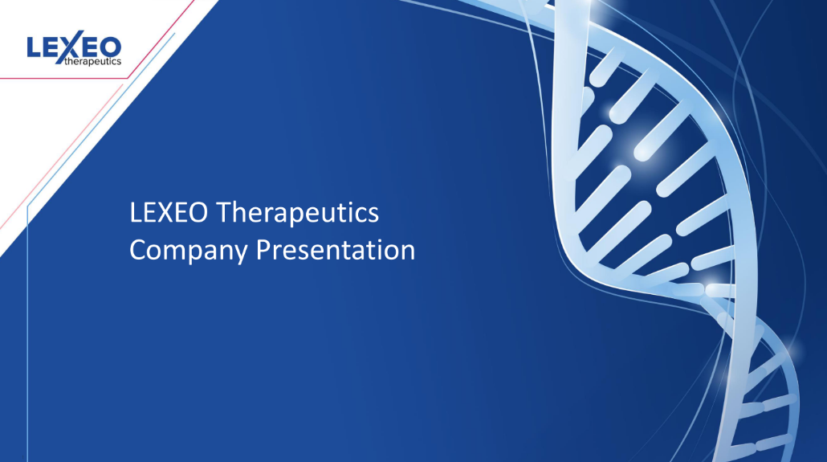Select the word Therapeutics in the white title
pos(299,215)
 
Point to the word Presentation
pos(336,250)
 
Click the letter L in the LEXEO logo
pos(33,47)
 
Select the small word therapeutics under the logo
pos(92,61)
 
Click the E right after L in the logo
pos(51,47)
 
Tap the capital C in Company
pos(137,250)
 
